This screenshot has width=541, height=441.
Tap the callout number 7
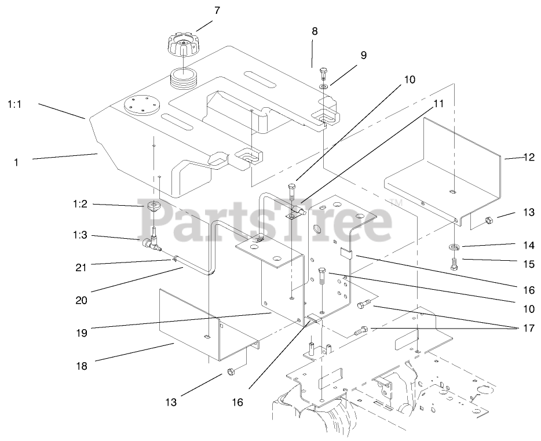[x=217, y=10]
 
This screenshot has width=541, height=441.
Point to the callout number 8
[x=315, y=31]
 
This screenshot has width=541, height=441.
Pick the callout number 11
[x=438, y=104]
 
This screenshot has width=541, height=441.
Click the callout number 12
[x=528, y=156]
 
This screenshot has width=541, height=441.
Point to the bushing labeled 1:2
[x=152, y=206]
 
